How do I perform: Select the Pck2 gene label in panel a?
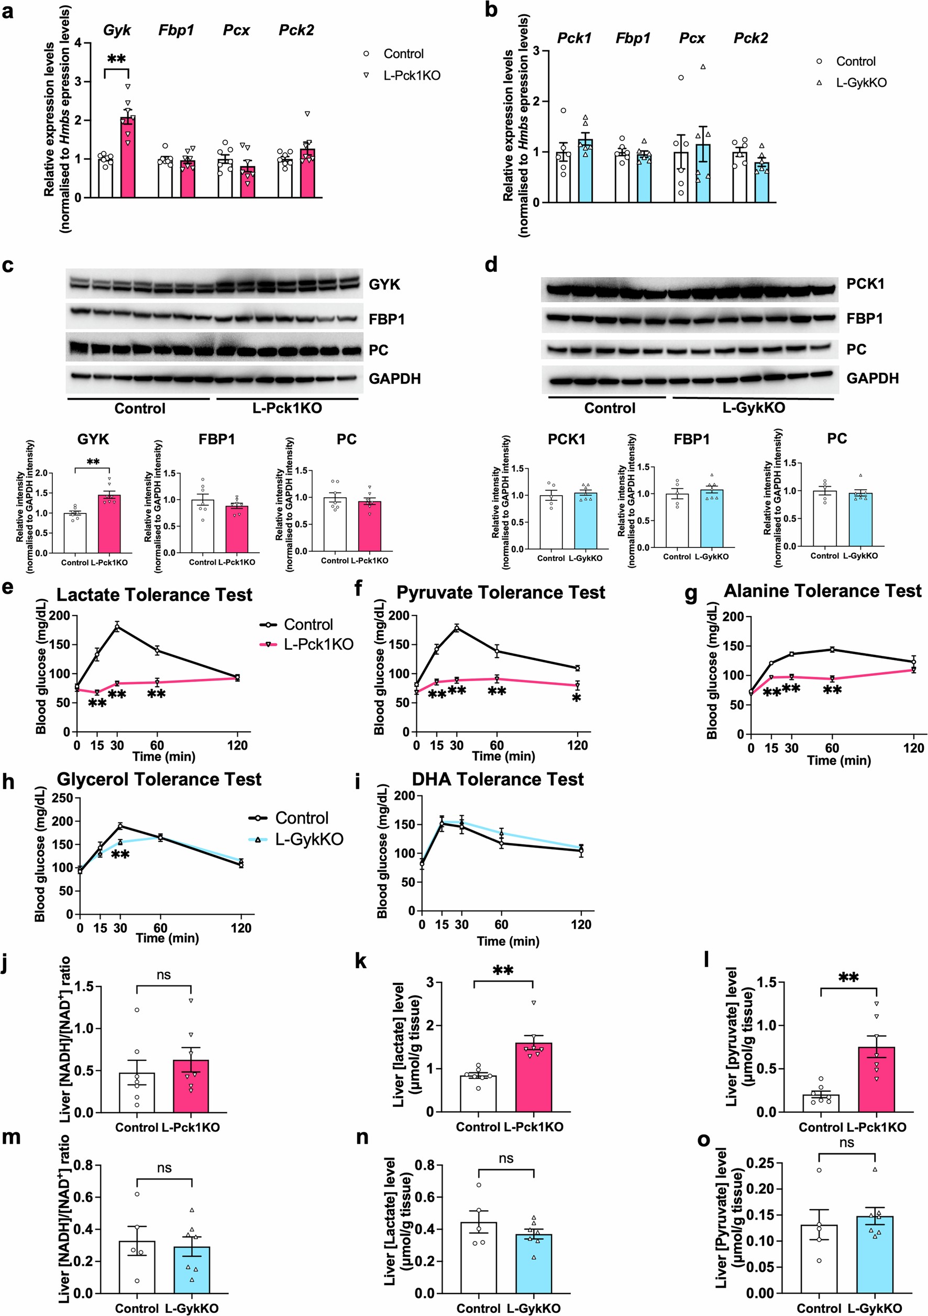(296, 30)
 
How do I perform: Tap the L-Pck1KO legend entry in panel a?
(411, 75)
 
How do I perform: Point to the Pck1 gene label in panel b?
(574, 38)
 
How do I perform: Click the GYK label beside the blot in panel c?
(384, 285)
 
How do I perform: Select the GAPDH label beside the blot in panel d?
(872, 378)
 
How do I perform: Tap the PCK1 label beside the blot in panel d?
(865, 284)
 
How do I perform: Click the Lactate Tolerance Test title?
(154, 595)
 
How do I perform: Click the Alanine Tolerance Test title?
(823, 591)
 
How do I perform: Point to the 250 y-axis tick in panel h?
(65, 798)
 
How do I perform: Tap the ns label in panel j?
(164, 975)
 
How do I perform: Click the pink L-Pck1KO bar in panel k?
(533, 1078)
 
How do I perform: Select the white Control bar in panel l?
(821, 1103)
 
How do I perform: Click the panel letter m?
(12, 1137)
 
